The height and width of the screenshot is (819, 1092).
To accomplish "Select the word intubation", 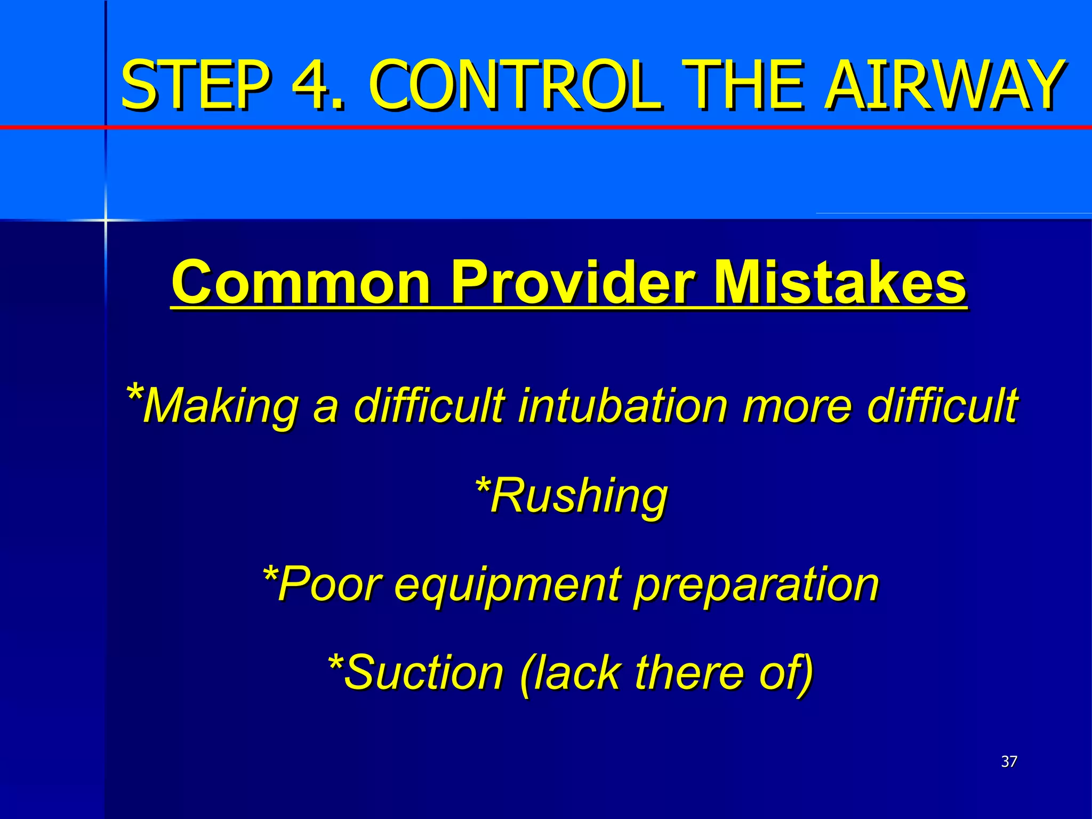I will [622, 405].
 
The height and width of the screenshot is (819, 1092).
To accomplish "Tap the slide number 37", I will [1009, 761].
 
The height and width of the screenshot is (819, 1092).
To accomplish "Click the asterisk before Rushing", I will [482, 486].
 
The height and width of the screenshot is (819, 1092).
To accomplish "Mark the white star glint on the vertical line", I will [105, 220].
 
